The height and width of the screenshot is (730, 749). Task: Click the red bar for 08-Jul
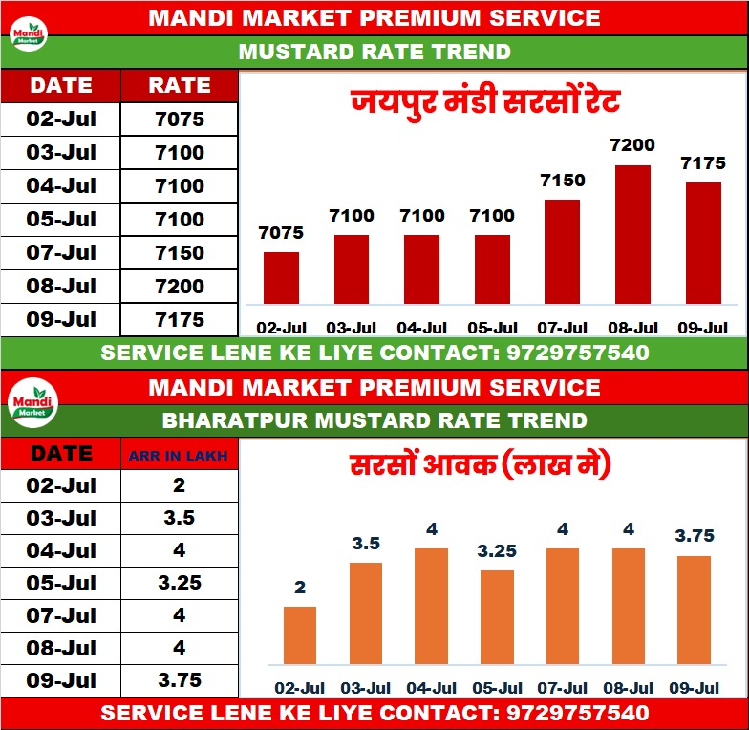[632, 235]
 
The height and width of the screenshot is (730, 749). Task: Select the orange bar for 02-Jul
[300, 635]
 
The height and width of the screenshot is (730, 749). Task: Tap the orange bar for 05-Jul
[496, 617]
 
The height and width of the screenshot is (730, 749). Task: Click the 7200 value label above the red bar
[632, 145]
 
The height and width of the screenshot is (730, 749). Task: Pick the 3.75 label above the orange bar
[695, 537]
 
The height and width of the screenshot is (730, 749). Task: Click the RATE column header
[180, 86]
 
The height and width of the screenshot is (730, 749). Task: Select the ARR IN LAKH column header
[180, 456]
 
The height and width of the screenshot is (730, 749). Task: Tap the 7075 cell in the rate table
[180, 119]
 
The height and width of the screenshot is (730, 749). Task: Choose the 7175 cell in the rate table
[180, 319]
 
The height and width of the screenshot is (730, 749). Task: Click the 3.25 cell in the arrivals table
[180, 582]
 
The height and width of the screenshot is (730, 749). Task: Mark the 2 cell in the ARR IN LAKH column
[180, 484]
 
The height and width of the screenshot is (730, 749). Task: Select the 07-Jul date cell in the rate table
[62, 253]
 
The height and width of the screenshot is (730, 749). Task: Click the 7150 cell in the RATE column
[180, 253]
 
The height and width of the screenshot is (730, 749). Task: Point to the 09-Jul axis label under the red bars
[702, 328]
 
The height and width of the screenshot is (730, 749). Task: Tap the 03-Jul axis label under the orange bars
[366, 688]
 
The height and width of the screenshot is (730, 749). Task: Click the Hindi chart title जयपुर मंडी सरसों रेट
[486, 100]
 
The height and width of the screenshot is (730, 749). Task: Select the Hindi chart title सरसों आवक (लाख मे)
[479, 467]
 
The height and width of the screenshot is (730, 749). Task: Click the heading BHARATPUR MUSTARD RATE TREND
[374, 420]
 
